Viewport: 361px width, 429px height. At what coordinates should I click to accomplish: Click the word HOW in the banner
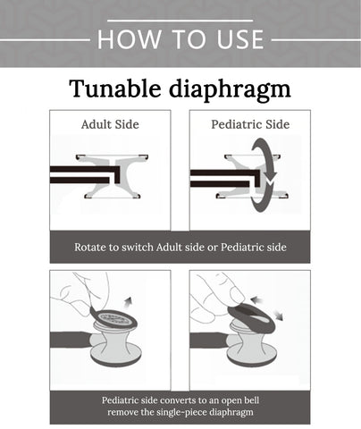(129, 39)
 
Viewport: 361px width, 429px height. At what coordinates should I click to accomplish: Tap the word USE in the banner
(240, 39)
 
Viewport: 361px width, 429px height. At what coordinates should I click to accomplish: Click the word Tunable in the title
(115, 88)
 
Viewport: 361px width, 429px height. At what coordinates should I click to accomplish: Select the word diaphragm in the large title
(230, 90)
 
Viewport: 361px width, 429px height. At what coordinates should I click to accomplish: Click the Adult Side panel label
(110, 124)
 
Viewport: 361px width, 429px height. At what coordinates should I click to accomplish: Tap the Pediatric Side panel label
(250, 124)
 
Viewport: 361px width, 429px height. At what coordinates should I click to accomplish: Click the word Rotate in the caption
(88, 248)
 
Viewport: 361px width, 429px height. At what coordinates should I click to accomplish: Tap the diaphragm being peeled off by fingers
(113, 319)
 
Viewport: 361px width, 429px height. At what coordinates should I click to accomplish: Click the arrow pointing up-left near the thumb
(257, 300)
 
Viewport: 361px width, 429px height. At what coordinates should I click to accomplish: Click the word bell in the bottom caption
(252, 400)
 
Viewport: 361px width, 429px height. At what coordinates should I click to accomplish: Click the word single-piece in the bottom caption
(181, 413)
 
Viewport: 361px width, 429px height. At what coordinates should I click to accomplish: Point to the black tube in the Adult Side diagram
(85, 175)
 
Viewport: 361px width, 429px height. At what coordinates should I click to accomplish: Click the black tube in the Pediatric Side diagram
(225, 178)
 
